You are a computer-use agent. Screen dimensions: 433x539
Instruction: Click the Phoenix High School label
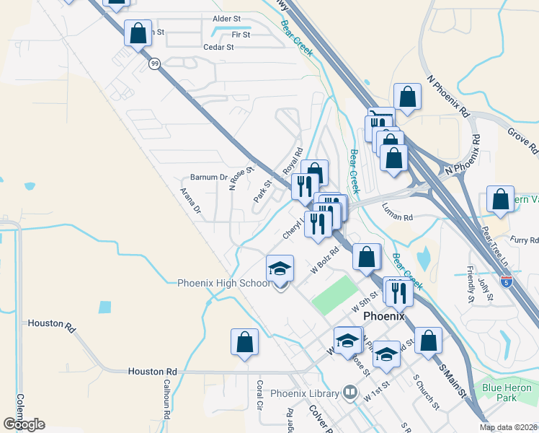223,283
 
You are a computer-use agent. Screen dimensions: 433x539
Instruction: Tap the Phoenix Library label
305,393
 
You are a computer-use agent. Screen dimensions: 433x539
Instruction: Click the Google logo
24,424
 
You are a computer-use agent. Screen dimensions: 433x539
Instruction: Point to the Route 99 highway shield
155,64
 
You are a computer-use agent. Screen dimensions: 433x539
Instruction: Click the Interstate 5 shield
507,280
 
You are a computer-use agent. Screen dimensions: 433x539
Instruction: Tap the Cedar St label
220,46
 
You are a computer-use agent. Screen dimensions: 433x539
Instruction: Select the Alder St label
226,19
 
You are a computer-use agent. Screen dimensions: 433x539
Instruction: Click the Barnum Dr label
208,178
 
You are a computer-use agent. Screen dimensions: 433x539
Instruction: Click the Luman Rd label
397,216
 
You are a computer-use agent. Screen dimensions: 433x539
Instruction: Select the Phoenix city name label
384,316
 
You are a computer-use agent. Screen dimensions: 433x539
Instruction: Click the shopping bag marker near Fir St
137,33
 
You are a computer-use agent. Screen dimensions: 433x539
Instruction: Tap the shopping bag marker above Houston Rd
244,342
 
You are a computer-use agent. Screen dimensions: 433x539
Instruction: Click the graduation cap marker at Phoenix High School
280,269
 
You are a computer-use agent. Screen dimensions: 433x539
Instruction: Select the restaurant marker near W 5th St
396,292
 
